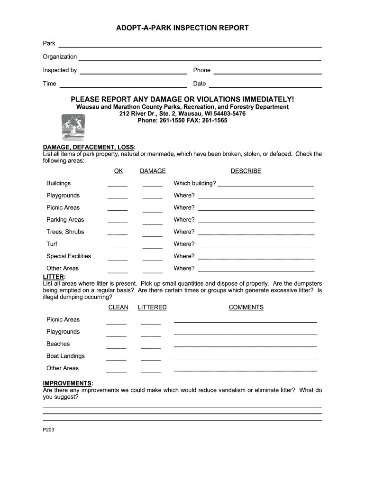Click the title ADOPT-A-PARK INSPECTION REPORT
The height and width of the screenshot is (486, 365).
[x=182, y=28]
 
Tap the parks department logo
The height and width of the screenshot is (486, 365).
[x=72, y=127]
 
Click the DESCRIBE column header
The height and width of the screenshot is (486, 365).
[x=246, y=171]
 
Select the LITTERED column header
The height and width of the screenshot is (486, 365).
[x=152, y=308]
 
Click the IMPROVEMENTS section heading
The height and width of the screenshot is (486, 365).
[x=67, y=383]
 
